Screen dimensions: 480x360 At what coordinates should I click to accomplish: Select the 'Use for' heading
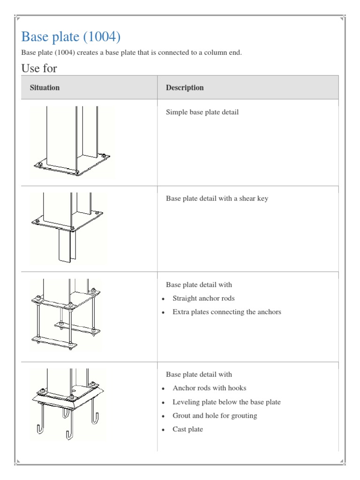(x=39, y=68)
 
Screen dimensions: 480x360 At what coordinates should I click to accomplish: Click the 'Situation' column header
(x=45, y=88)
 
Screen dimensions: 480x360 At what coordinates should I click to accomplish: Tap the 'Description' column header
(x=185, y=88)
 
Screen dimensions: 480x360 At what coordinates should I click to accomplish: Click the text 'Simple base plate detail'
(x=202, y=112)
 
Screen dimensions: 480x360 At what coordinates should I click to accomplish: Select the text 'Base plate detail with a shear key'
(x=217, y=198)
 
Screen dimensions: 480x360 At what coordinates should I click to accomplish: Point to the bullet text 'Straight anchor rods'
(x=203, y=298)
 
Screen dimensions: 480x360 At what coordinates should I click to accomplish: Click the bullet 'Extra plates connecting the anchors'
(x=226, y=312)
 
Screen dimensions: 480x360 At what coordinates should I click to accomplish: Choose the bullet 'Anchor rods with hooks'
(x=209, y=388)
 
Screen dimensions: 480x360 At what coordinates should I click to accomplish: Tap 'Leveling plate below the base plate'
(x=226, y=402)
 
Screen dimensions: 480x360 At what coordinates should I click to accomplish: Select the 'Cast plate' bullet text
(x=187, y=429)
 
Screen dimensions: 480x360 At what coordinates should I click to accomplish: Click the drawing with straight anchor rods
(x=66, y=314)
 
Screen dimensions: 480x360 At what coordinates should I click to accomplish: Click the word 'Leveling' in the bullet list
(x=186, y=402)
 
